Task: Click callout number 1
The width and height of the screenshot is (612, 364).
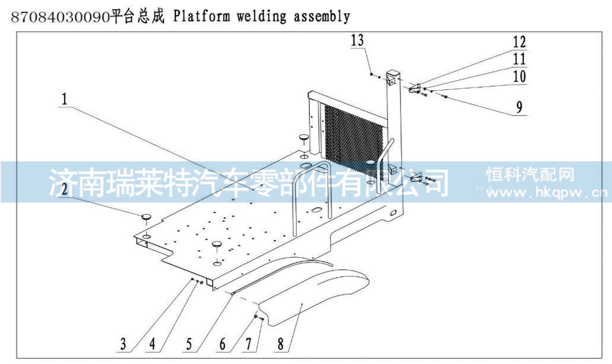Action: point(64,99)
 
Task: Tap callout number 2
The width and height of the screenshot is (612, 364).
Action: point(64,188)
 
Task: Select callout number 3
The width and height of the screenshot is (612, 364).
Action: point(123,344)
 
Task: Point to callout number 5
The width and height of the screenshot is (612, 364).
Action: point(189,344)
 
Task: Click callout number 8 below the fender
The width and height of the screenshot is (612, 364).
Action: point(281,344)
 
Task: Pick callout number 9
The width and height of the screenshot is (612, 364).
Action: point(519,107)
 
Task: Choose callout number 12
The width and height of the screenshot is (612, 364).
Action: point(519,42)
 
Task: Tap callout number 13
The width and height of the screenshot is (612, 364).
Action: point(357,40)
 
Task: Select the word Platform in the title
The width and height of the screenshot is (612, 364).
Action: point(202,16)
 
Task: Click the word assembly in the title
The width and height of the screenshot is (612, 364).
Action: point(322,16)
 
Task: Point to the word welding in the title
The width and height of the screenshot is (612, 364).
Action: point(261,16)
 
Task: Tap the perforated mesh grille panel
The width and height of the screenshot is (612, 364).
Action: point(353,139)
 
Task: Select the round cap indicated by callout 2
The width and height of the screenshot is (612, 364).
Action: point(146,217)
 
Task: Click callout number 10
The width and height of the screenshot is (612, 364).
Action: point(519,76)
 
